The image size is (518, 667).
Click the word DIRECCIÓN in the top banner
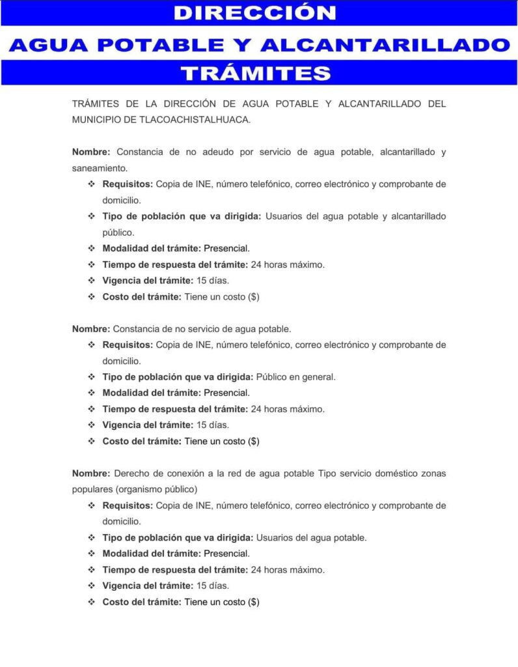pyautogui.click(x=255, y=13)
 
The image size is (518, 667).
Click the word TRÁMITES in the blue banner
pyautogui.click(x=255, y=72)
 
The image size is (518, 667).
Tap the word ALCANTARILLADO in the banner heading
pyautogui.click(x=385, y=44)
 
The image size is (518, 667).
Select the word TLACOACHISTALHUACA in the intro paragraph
pyautogui.click(x=195, y=120)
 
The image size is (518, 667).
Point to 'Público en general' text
pyautogui.click(x=296, y=377)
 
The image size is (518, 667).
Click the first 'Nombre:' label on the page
pyautogui.click(x=91, y=152)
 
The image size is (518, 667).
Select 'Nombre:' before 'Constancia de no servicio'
pyautogui.click(x=91, y=329)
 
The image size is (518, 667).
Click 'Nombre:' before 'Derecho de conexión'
pyautogui.click(x=91, y=474)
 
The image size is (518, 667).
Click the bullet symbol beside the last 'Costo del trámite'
pyautogui.click(x=91, y=602)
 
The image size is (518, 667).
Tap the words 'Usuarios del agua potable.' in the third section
pyautogui.click(x=311, y=538)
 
